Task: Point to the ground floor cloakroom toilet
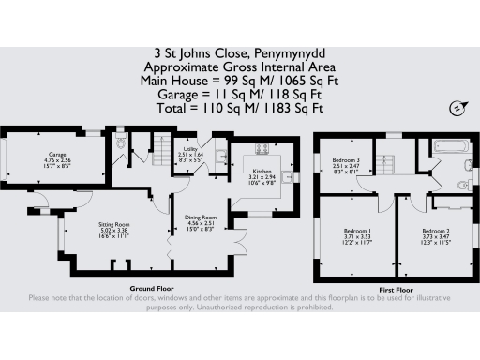point(121,143)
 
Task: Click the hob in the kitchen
point(262,147)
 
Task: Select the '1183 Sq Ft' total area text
point(291,108)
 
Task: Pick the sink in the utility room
point(219,156)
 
